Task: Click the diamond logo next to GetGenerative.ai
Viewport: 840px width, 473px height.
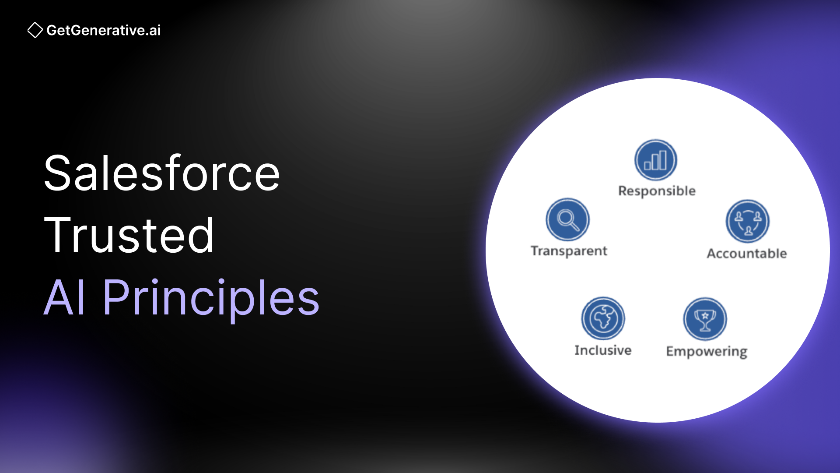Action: (x=35, y=30)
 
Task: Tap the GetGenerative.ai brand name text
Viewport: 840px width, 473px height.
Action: (x=104, y=30)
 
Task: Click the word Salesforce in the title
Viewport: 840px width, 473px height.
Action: (x=162, y=174)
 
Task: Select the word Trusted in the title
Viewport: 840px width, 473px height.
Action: (x=129, y=236)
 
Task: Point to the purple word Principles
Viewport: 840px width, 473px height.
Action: (x=211, y=298)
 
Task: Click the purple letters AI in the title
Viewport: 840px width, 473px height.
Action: (x=65, y=298)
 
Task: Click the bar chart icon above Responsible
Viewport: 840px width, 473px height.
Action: (x=655, y=160)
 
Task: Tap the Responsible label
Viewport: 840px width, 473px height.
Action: (x=657, y=191)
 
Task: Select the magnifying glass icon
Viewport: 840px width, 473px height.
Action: (x=567, y=219)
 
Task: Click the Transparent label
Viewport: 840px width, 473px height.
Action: (x=569, y=251)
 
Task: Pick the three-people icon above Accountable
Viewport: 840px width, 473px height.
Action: (x=748, y=222)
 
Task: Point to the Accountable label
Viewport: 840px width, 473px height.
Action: (x=747, y=254)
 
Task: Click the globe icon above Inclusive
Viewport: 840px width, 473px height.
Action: (x=603, y=318)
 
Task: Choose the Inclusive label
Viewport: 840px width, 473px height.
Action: (x=603, y=350)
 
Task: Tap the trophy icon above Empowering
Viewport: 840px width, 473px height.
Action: (x=705, y=319)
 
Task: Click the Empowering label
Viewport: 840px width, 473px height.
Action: (x=707, y=352)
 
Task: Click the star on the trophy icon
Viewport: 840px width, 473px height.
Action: (x=705, y=315)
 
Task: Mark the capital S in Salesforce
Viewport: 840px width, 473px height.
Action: (x=57, y=174)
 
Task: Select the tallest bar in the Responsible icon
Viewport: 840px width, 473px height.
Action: (x=662, y=160)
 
